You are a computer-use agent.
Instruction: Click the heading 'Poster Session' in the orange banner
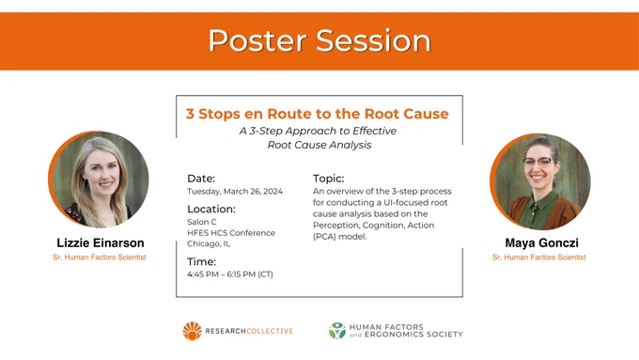pos(319,40)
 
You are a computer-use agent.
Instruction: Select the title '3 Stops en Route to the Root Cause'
pos(317,114)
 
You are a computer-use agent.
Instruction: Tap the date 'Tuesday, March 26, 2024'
pos(235,192)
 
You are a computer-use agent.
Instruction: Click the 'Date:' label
pos(201,179)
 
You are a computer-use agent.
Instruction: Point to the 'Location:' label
pos(211,210)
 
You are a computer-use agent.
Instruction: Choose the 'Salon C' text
pos(202,222)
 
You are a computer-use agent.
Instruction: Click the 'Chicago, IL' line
pos(209,243)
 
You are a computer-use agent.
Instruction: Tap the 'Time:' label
pos(202,261)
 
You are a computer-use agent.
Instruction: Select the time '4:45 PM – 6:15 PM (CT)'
pos(230,274)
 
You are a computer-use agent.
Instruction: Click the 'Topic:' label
pos(329,179)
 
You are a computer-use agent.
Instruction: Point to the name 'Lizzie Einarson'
pos(101,243)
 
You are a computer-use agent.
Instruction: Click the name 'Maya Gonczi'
pos(541,243)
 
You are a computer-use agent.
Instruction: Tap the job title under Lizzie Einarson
pos(100,258)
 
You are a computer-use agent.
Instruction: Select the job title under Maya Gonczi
pos(539,258)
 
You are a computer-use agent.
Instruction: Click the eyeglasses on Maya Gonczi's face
pos(538,163)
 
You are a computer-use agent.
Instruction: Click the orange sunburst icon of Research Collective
pos(193,331)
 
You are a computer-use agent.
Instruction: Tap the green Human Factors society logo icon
pos(337,331)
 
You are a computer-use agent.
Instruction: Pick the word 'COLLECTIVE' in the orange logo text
pos(270,331)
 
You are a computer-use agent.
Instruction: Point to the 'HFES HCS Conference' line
pos(231,233)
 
